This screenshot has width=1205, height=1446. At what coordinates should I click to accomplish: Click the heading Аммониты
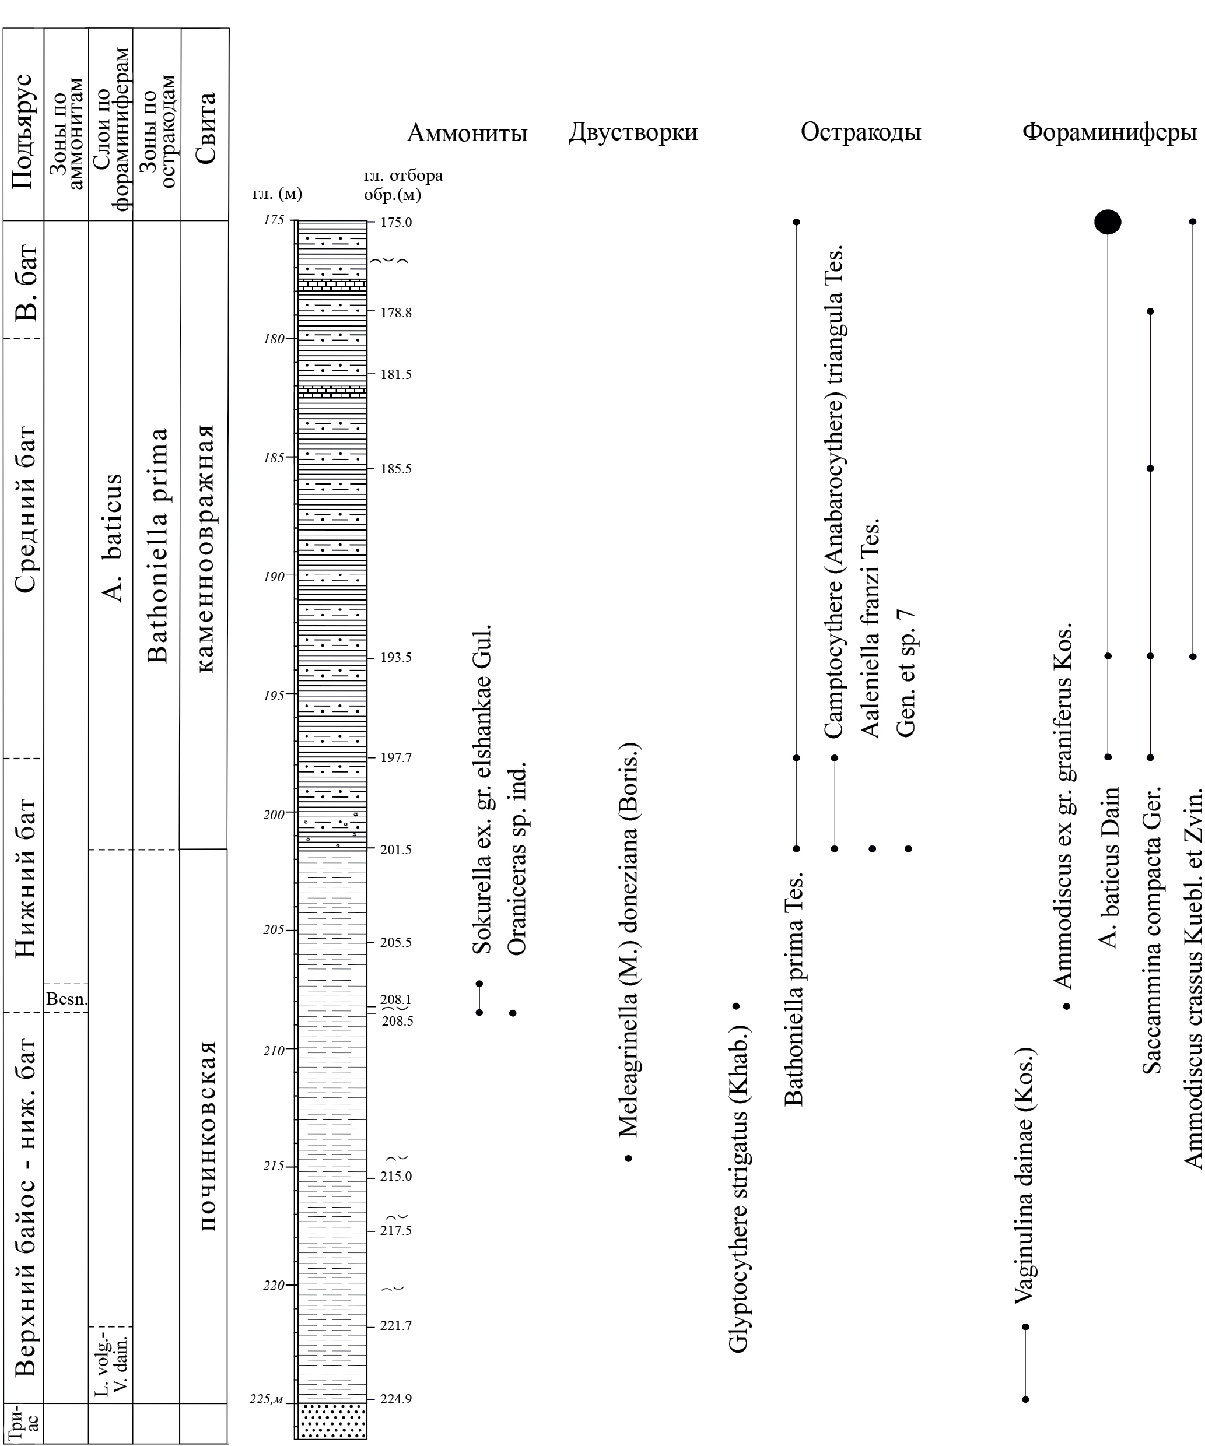[467, 132]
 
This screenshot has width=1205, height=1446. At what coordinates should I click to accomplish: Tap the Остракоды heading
[860, 132]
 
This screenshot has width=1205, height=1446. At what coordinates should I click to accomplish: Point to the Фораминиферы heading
[1109, 132]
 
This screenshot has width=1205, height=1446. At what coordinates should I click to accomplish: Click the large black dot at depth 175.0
[1108, 222]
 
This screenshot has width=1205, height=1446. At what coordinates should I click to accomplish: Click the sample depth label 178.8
[396, 313]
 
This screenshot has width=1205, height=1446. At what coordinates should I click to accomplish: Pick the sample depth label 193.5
[396, 658]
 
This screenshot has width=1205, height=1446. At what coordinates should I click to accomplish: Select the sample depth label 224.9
[396, 1399]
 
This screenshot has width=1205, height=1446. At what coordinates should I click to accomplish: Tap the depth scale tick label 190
[274, 576]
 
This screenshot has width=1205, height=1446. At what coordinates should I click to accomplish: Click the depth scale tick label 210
[274, 1051]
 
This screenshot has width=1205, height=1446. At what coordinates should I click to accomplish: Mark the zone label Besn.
[66, 999]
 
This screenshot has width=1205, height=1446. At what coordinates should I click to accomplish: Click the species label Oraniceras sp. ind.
[517, 859]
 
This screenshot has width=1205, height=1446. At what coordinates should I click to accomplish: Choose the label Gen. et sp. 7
[905, 673]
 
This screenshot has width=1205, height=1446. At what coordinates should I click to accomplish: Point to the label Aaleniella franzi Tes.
[870, 629]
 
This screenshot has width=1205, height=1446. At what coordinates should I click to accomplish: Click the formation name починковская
[206, 1136]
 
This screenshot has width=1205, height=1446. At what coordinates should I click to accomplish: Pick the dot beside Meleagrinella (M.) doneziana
[628, 1159]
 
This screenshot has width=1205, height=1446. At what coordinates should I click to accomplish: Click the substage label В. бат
[26, 282]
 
